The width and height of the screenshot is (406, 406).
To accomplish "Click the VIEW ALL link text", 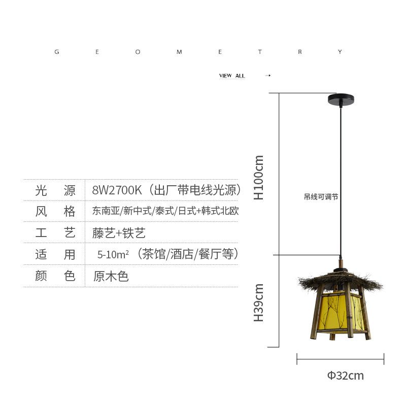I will coord(232,76).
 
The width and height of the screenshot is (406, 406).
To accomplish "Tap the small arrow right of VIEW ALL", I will coord(268,76).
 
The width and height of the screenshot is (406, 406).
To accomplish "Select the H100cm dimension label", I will coord(259,177).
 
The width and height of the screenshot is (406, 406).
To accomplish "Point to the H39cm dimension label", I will coord(259,302).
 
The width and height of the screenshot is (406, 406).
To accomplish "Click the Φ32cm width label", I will coord(345,376).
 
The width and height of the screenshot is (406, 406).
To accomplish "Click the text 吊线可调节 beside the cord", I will coord(321,197).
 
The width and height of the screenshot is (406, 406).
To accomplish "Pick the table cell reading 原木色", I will coord(111,277).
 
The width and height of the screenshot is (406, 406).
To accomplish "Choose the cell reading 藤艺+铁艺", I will coord(119,233).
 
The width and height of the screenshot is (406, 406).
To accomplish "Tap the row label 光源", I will coord(55,191).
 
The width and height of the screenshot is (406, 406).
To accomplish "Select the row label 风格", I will coord(55,212).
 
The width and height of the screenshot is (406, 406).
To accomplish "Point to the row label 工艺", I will coord(55,233).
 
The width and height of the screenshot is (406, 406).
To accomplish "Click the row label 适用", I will coord(55,255).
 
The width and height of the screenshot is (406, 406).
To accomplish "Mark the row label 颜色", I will coord(55,277).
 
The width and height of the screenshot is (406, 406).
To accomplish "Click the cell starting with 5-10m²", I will coord(168,255).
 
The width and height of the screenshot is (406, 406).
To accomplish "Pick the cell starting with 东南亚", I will coord(165,212).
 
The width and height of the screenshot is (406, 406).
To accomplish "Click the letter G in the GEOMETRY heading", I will coord(57,52).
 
